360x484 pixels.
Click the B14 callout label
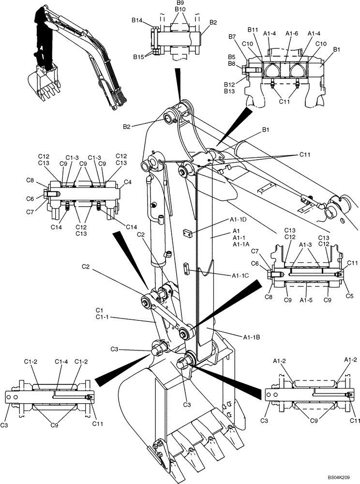tap(137, 20)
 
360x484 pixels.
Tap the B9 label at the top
tap(180, 2)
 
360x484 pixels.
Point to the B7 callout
tap(232, 37)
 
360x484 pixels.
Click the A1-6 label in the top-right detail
tap(292, 33)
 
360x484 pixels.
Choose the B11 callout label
tap(253, 30)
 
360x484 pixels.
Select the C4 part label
tap(128, 182)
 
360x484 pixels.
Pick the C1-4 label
tap(61, 361)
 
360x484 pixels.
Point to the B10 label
tap(180, 9)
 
